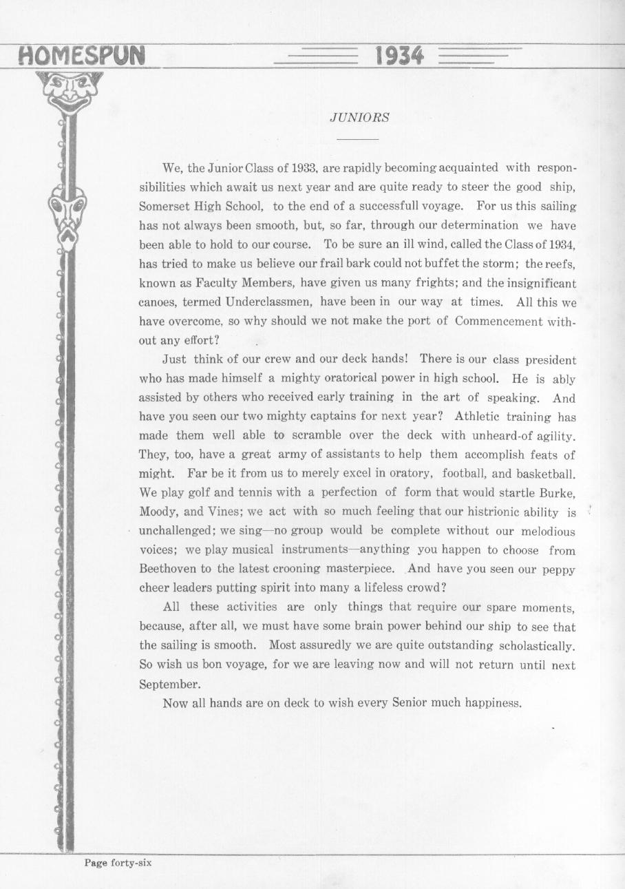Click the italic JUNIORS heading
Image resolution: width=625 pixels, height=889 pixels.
(x=359, y=118)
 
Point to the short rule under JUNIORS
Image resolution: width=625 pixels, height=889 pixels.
(x=358, y=139)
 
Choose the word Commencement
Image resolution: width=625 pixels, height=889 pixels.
(x=501, y=321)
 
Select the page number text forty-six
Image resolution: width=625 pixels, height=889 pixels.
(x=131, y=863)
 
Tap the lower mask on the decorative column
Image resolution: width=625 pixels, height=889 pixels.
(x=67, y=215)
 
